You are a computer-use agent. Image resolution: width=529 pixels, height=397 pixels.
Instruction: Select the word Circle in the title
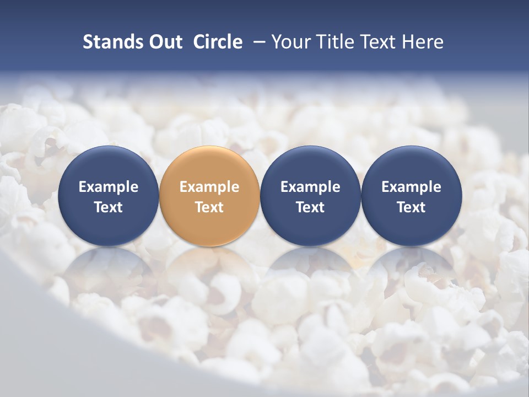coord(218,42)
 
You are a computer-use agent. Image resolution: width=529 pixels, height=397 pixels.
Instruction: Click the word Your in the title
coord(290,42)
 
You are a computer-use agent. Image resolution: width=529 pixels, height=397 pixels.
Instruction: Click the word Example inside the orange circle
coord(209,187)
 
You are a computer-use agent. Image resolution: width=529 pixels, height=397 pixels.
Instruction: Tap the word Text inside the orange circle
coord(209,207)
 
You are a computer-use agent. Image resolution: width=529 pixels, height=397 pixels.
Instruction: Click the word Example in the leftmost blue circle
coord(108,187)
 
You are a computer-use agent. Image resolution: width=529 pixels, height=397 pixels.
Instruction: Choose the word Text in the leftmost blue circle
coord(108,207)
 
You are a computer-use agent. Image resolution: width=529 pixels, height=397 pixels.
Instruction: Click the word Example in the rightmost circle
coord(411,187)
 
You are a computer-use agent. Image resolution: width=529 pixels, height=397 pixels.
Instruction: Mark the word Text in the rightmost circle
coord(411,207)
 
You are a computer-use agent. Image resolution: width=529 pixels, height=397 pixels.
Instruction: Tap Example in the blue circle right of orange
coord(310,187)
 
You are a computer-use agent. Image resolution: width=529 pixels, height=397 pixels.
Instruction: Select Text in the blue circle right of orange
coord(310,207)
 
